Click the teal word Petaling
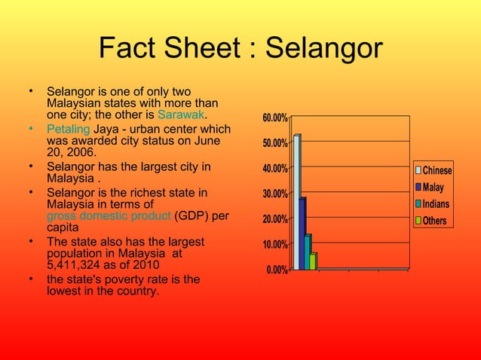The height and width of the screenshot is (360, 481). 68,129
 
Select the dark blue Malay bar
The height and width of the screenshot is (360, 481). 302,233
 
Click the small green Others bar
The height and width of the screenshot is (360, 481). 313,261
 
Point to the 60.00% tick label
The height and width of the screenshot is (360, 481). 274,118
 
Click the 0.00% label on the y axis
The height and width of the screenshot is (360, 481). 276,270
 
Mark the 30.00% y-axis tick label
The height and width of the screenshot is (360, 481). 274,194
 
